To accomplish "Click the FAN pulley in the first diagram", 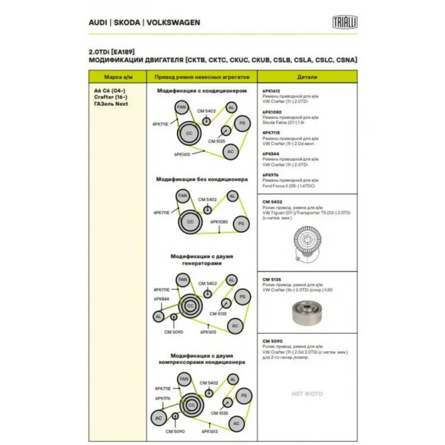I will coord(181,107).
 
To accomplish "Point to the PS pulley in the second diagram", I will coord(240,224).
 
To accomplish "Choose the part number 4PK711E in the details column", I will coord(271,132).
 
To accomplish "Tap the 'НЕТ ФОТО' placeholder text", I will coord(308,394).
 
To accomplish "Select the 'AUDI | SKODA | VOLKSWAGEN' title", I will coord(145,23).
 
